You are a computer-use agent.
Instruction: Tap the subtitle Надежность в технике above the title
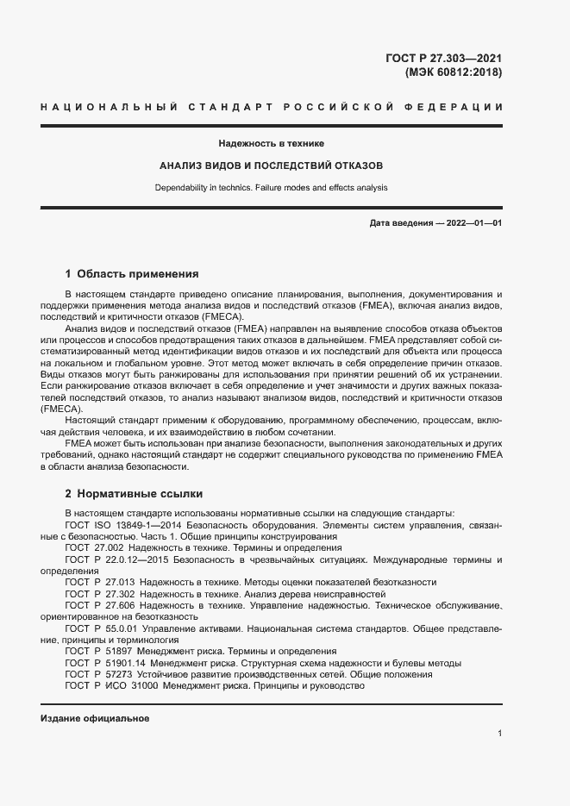[272, 143]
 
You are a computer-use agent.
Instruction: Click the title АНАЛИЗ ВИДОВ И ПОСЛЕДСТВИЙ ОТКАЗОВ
[272, 165]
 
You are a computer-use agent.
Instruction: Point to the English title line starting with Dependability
[272, 187]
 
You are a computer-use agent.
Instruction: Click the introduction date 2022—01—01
[473, 223]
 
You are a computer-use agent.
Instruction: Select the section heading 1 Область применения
[132, 275]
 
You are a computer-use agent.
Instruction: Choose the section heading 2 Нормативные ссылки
[134, 494]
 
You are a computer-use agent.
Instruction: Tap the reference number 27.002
[107, 547]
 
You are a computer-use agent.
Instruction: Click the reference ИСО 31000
[122, 686]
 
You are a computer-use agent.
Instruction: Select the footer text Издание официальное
[95, 718]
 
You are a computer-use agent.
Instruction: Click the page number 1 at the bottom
[499, 734]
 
